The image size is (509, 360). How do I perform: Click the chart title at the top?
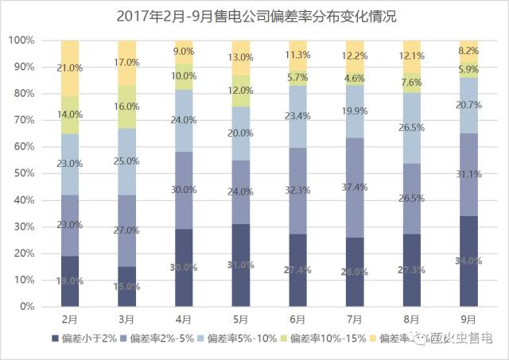point(255,16)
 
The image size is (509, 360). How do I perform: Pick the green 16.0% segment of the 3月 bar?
point(127,106)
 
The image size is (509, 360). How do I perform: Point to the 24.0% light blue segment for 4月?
point(184,121)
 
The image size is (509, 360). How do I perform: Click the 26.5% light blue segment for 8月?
point(412,129)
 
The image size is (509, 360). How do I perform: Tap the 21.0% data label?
point(70,68)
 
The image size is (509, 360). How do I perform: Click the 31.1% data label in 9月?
point(468,174)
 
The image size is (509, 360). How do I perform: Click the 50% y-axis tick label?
point(22,173)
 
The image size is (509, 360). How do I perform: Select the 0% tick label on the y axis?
point(25,307)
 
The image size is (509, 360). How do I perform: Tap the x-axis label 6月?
point(297,319)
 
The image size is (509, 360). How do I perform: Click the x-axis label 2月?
point(70,319)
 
